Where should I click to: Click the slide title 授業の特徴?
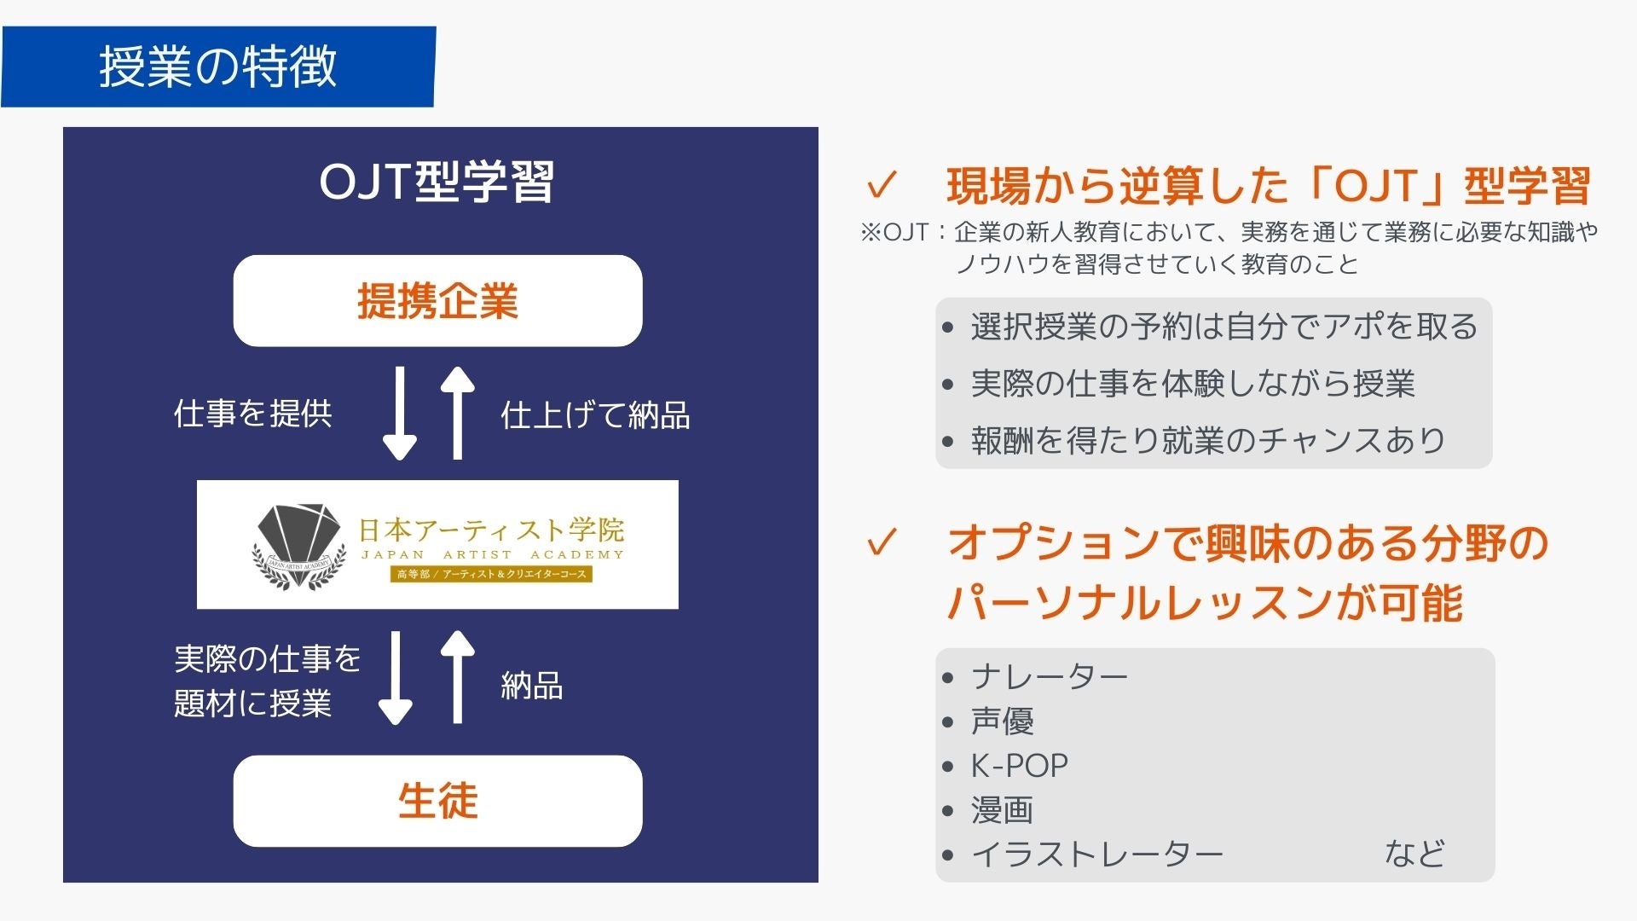[217, 67]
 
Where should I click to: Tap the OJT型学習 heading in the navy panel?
[437, 182]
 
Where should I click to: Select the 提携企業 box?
[437, 301]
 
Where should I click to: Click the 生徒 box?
[437, 801]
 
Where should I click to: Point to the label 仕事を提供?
[252, 414]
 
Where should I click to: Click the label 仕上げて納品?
[595, 415]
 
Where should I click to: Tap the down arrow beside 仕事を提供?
[399, 414]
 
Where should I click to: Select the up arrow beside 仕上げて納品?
[458, 414]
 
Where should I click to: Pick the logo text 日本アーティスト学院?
[491, 530]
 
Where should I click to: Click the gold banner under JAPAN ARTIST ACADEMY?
[491, 574]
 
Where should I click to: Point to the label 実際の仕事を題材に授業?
[267, 681]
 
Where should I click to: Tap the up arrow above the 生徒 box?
[458, 677]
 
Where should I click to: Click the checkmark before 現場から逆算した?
[882, 185]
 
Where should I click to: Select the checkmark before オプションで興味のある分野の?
[882, 542]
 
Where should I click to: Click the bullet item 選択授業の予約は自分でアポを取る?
[1223, 327]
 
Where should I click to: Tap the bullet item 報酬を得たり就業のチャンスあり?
[1208, 440]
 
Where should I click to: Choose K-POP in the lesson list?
[1019, 766]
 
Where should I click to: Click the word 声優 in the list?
[1002, 721]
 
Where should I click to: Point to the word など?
[1414, 854]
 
